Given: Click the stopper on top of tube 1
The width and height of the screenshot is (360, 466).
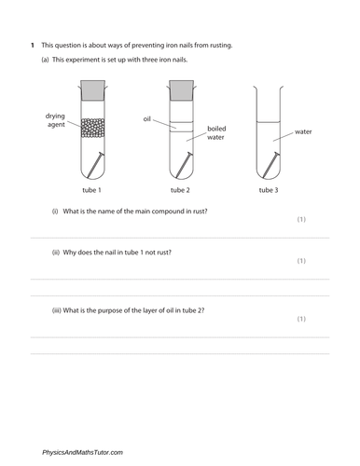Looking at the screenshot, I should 95,91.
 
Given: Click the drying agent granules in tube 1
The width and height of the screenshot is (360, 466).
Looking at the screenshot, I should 95,126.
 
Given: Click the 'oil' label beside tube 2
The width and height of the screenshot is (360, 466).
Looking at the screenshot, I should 146,119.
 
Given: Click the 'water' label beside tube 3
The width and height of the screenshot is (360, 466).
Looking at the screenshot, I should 303,132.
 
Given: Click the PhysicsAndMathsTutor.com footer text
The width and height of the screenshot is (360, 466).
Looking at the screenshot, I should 82,452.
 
